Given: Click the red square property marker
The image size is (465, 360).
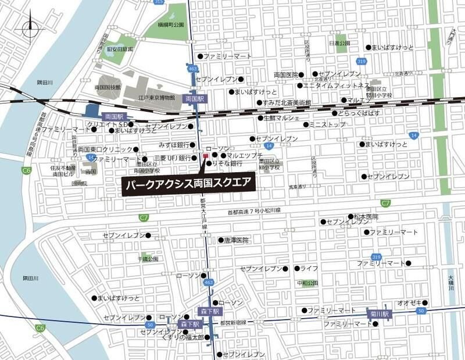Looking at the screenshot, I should click(x=205, y=156).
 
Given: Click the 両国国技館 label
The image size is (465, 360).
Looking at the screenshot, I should click(x=108, y=87).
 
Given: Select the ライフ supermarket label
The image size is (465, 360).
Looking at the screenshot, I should click(x=309, y=269).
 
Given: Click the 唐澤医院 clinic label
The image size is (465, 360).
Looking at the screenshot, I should click(x=236, y=240).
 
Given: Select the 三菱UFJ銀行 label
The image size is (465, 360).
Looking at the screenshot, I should click(x=172, y=158).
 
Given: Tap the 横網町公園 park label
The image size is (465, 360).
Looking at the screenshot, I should click(x=170, y=25).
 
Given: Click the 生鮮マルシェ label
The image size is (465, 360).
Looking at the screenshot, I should click(x=281, y=118).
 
